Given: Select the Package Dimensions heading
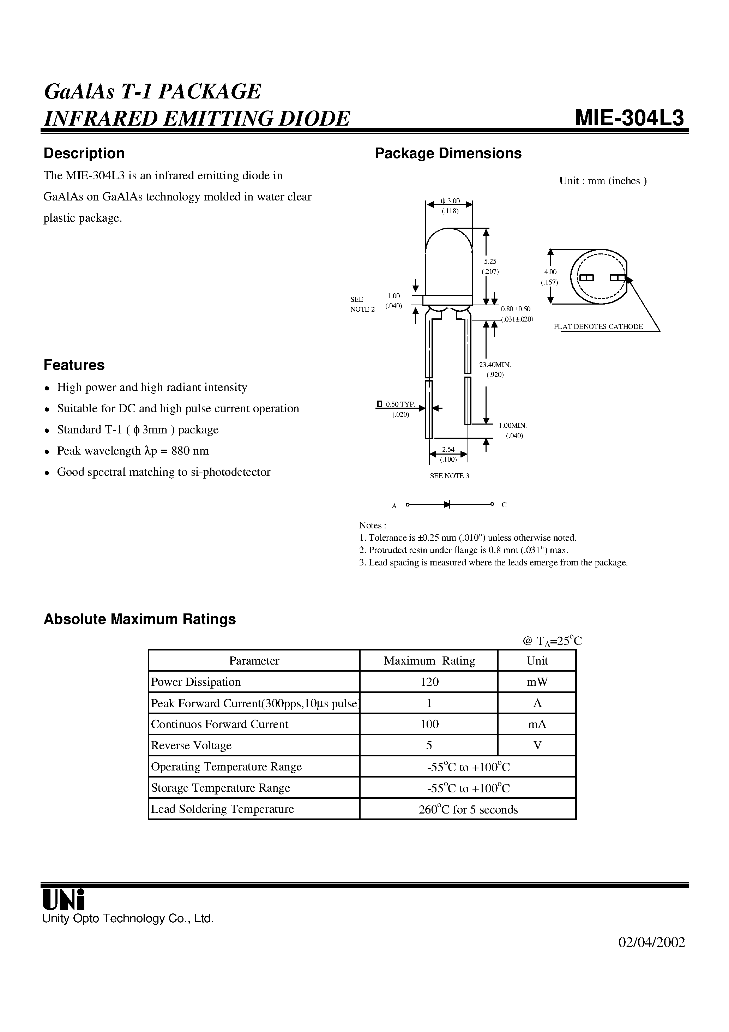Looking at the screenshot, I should coord(448,153).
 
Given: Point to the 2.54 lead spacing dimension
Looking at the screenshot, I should coord(448,450).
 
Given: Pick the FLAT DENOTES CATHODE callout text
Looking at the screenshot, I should coord(598,327).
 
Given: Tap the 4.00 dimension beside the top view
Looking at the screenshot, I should coord(550,272).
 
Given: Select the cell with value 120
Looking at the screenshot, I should coord(429,682).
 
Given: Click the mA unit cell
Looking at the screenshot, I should coord(537,724).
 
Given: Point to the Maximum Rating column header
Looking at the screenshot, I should coord(429,661).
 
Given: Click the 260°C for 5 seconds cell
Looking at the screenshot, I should coord(468,810).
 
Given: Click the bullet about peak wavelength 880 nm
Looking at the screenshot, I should coord(133,451).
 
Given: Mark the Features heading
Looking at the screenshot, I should coord(74,365).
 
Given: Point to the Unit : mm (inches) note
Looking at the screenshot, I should coord(603,181).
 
